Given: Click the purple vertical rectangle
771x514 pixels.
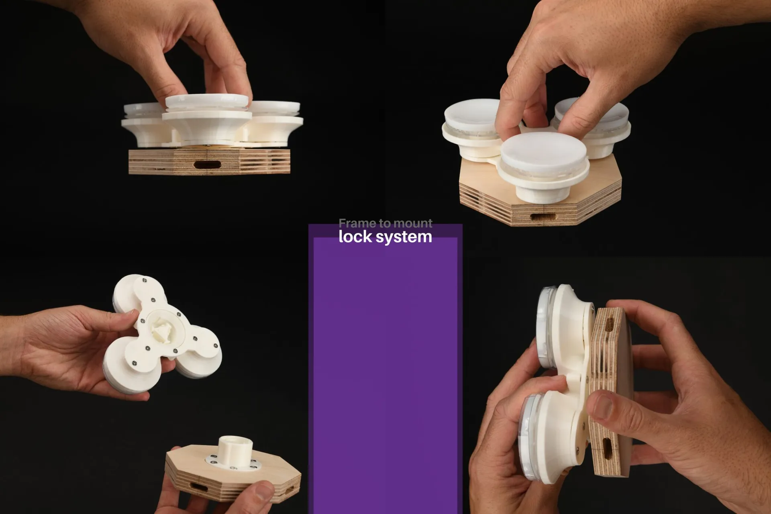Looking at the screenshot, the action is (385, 373).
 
